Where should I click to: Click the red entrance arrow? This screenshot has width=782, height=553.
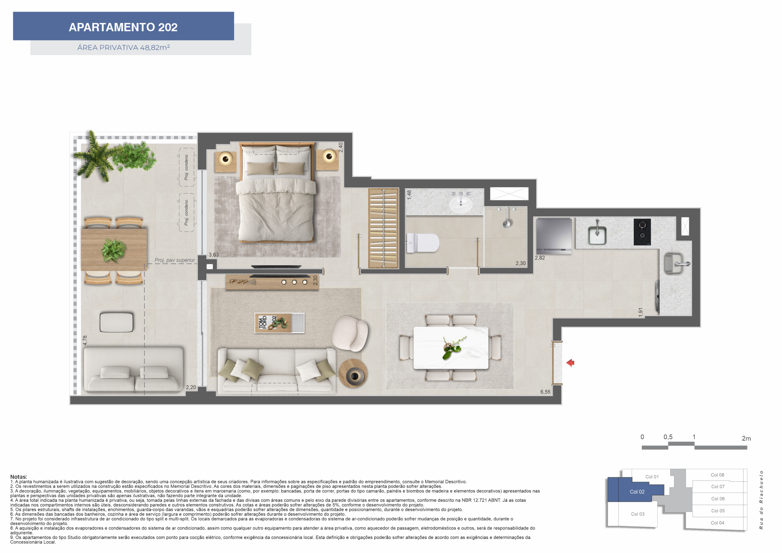click(x=571, y=363)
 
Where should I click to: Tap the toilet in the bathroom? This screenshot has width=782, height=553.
click(x=423, y=243)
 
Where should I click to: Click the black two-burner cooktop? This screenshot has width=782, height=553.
click(x=642, y=232)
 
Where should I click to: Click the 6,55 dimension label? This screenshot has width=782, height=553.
click(x=545, y=392)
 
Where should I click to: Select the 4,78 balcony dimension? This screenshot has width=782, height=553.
click(x=85, y=340)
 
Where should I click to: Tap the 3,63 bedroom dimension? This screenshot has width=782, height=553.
click(x=214, y=255)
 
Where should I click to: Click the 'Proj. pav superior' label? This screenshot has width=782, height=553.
click(x=175, y=260)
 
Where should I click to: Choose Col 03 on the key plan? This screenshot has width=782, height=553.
click(x=638, y=514)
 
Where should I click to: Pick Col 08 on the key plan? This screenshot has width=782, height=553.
click(x=717, y=475)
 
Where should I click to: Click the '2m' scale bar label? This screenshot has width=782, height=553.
click(x=746, y=438)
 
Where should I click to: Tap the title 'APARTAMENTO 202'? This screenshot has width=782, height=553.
click(x=123, y=27)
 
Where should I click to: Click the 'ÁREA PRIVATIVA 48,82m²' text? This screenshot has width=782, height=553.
click(x=123, y=47)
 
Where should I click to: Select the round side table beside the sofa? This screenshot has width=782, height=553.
click(x=353, y=373)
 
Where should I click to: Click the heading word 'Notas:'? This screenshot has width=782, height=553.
click(x=18, y=477)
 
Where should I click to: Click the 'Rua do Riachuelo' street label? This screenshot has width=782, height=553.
click(x=761, y=500)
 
